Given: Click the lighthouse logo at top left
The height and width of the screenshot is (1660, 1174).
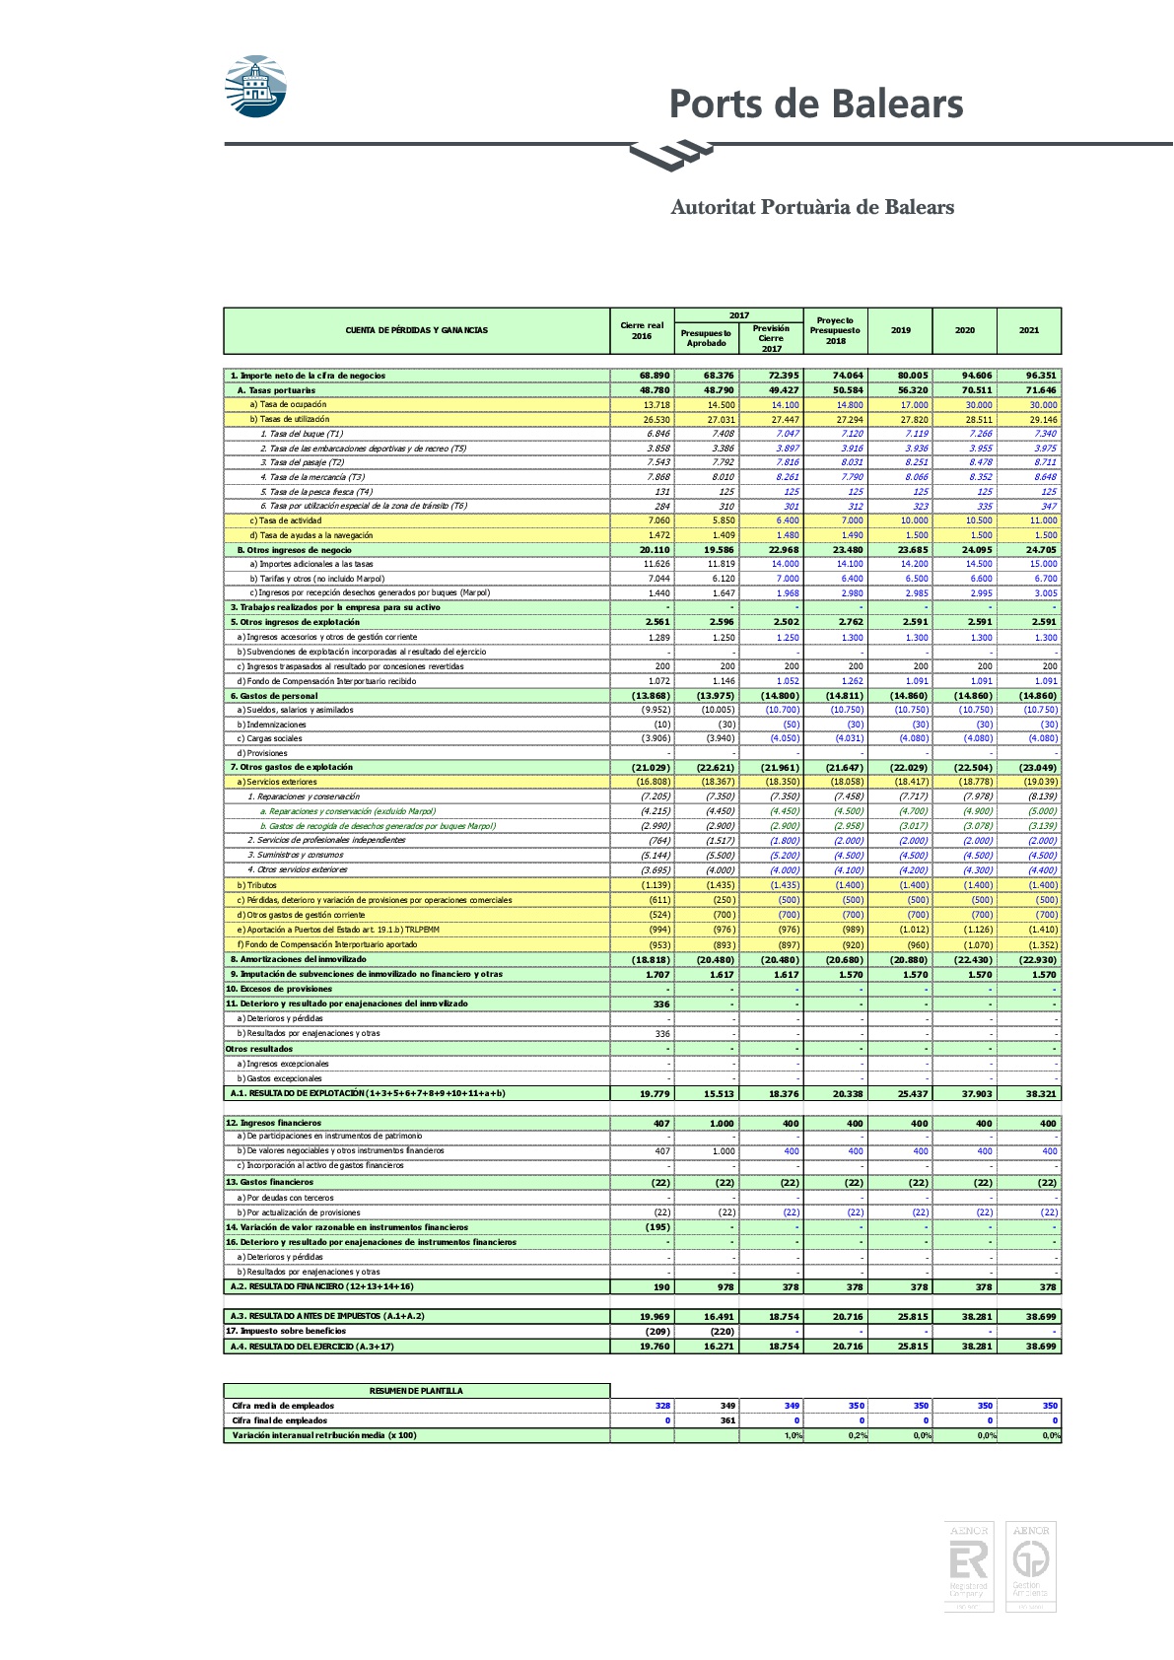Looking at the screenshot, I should (256, 86).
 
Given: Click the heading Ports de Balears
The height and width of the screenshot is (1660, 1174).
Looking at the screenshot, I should (815, 104).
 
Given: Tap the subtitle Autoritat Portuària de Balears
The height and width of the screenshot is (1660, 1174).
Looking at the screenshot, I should (812, 207).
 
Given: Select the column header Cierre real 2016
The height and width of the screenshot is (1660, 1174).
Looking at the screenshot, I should (642, 330).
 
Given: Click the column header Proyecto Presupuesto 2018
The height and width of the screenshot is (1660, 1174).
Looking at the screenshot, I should (835, 330).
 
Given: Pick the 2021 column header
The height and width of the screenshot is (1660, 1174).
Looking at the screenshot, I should (1029, 330).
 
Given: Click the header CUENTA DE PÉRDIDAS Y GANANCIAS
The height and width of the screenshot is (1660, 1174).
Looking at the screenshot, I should (416, 330).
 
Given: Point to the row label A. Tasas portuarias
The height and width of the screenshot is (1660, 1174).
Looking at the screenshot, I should (276, 390).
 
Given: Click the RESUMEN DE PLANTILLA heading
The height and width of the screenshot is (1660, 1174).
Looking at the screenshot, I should (416, 1391).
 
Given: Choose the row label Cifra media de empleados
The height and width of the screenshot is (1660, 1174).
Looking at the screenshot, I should (283, 1406).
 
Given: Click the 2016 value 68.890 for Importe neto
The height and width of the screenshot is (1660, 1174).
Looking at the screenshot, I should (655, 376).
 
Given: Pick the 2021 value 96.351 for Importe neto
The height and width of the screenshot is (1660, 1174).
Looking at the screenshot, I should (1041, 376).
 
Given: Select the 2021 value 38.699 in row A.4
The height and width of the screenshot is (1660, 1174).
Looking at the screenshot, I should (1041, 1347).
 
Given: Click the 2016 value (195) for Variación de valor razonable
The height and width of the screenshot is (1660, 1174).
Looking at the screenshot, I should (657, 1227).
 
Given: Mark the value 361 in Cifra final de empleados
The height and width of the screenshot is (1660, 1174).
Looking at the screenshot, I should (727, 1420).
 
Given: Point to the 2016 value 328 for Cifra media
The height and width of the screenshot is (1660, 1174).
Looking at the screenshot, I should (662, 1406).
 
